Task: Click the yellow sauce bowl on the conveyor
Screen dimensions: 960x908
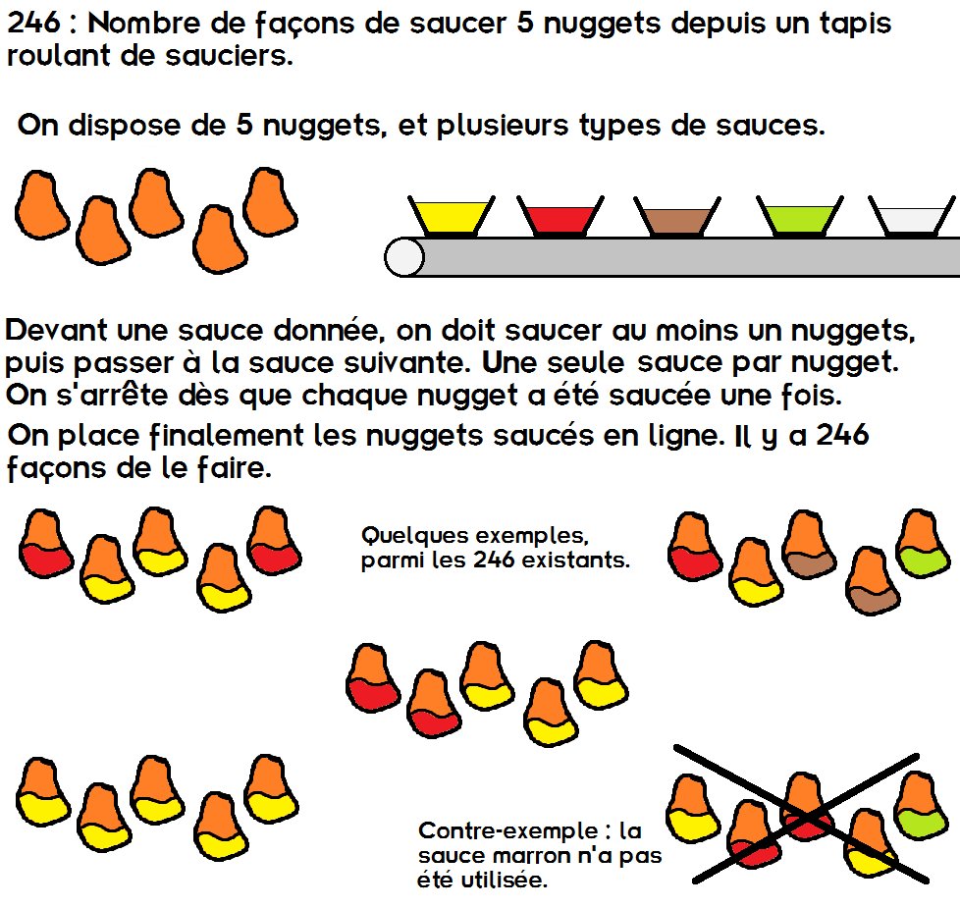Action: (452, 216)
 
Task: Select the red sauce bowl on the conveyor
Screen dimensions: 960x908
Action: (560, 216)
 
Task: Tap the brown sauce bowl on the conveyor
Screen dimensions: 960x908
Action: (677, 216)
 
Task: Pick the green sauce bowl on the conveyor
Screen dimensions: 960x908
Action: (800, 216)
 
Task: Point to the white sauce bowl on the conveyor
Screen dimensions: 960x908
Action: (912, 216)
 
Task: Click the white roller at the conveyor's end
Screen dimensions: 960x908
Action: (404, 257)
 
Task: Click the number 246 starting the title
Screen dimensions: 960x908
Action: (33, 24)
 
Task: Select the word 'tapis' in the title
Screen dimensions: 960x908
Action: (855, 25)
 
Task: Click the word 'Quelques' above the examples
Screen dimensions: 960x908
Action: (414, 536)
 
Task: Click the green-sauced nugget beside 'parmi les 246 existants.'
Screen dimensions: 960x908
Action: (924, 543)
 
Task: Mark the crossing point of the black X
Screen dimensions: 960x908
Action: (806, 816)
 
